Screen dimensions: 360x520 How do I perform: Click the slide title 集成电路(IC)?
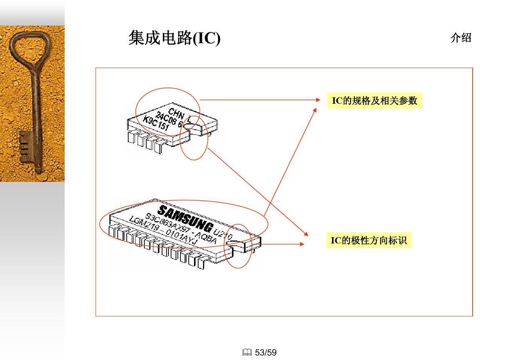click(x=174, y=38)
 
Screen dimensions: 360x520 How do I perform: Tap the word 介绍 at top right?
click(x=461, y=38)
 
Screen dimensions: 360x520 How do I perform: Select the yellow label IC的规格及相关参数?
click(x=374, y=101)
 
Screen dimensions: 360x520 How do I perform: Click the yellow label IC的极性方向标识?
click(x=368, y=241)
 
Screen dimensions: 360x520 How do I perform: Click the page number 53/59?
click(x=265, y=352)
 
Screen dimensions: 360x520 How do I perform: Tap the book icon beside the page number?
click(x=247, y=352)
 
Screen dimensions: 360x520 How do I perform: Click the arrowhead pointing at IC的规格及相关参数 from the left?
click(x=318, y=100)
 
